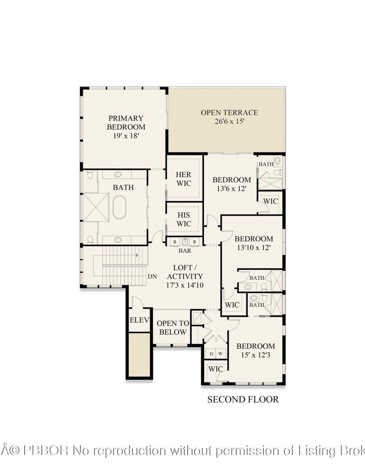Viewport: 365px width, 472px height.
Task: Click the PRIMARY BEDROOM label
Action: tap(126, 122)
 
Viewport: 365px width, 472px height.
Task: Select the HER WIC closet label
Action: tap(184, 179)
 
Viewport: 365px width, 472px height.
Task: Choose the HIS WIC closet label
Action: tap(184, 219)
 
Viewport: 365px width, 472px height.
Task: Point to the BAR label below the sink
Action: tap(185, 251)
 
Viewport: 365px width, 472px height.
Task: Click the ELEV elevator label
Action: tap(139, 320)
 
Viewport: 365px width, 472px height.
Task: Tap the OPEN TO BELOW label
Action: tap(173, 328)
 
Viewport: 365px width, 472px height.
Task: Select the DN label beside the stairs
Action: tap(152, 276)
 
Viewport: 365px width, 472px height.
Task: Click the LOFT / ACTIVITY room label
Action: tap(185, 272)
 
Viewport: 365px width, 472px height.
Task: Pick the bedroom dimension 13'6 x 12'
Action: tap(231, 189)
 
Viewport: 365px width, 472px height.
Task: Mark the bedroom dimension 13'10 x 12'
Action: tap(254, 248)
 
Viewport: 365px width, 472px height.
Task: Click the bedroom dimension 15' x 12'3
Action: tap(255, 355)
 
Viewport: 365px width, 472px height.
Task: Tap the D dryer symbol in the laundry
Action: tap(211, 354)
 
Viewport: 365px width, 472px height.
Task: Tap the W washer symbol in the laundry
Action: tap(220, 354)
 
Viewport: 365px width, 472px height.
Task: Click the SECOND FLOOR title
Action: tap(243, 399)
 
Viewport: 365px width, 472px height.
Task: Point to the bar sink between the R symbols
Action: tap(185, 242)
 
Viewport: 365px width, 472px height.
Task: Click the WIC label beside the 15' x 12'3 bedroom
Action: tap(216, 369)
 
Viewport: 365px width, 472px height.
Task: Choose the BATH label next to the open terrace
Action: tap(266, 164)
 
